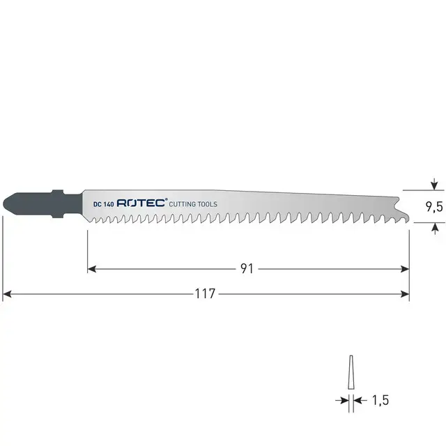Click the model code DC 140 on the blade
(x=103, y=203)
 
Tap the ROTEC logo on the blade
(x=141, y=203)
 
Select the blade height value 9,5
(x=435, y=206)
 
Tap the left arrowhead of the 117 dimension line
(x=8, y=294)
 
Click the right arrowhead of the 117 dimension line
(x=405, y=294)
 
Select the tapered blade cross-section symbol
(x=350, y=374)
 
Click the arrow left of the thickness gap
(x=342, y=401)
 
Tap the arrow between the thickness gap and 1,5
(x=357, y=401)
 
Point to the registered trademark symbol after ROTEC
(x=167, y=200)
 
